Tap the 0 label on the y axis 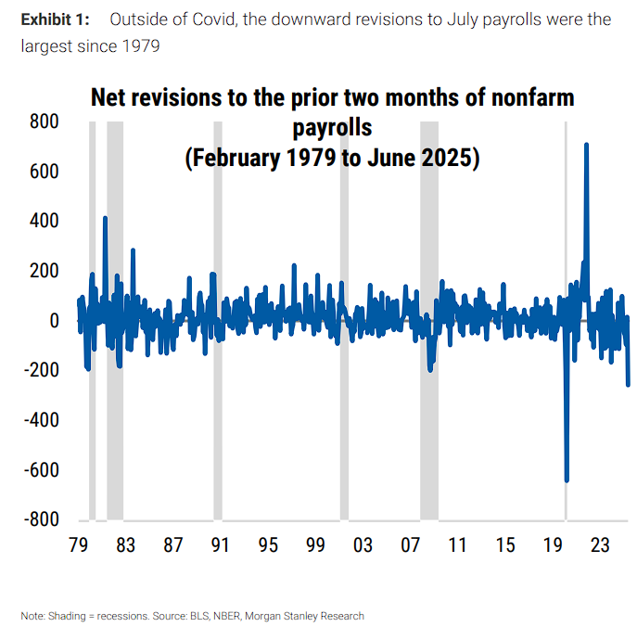coord(53,321)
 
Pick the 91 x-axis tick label coord(220,544)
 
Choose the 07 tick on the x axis coord(410,544)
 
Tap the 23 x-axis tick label coord(599,544)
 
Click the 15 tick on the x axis coord(504,544)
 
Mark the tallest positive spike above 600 coord(586,146)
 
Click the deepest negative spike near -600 coord(567,479)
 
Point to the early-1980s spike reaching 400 coord(105,219)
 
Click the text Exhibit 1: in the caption coord(55,19)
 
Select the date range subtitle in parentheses coord(332,158)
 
